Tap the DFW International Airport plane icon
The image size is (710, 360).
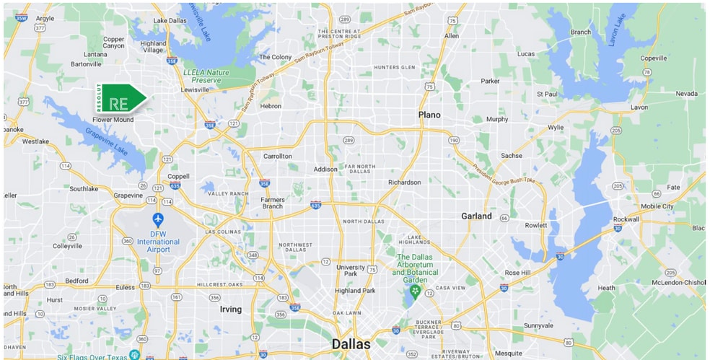pyautogui.click(x=158, y=219)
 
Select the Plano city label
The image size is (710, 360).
pyautogui.click(x=429, y=115)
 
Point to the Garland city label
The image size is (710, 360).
pyautogui.click(x=476, y=216)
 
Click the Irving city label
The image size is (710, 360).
pyautogui.click(x=230, y=309)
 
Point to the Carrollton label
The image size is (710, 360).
pyautogui.click(x=277, y=156)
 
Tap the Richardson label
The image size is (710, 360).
pyautogui.click(x=404, y=183)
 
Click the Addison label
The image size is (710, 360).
pyautogui.click(x=325, y=169)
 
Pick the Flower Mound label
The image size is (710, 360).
pyautogui.click(x=113, y=120)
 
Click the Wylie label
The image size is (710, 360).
pyautogui.click(x=556, y=128)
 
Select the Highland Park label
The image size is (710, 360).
pyautogui.click(x=355, y=291)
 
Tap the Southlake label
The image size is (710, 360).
pyautogui.click(x=84, y=189)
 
